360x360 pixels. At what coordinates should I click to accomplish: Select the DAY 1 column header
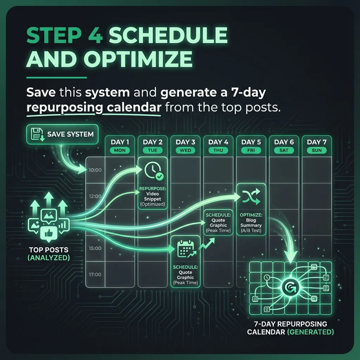120,142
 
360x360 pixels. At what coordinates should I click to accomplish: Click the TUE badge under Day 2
153,150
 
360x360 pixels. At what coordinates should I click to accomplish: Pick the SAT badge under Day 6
284,150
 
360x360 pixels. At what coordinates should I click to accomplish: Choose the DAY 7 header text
316,142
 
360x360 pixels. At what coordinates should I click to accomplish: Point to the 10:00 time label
95,170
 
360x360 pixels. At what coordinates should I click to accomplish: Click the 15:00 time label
95,248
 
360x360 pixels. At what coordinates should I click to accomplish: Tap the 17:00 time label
95,275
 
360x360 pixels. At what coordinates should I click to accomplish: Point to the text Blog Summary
251,223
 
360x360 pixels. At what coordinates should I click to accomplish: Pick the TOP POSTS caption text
49,250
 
